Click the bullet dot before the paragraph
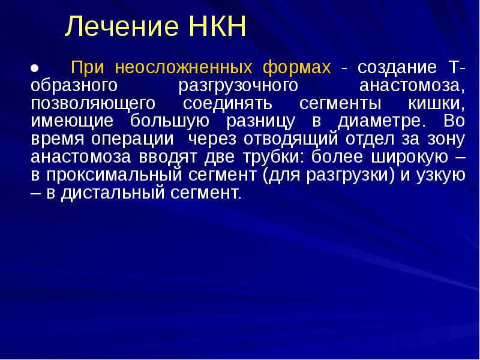point(34,67)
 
